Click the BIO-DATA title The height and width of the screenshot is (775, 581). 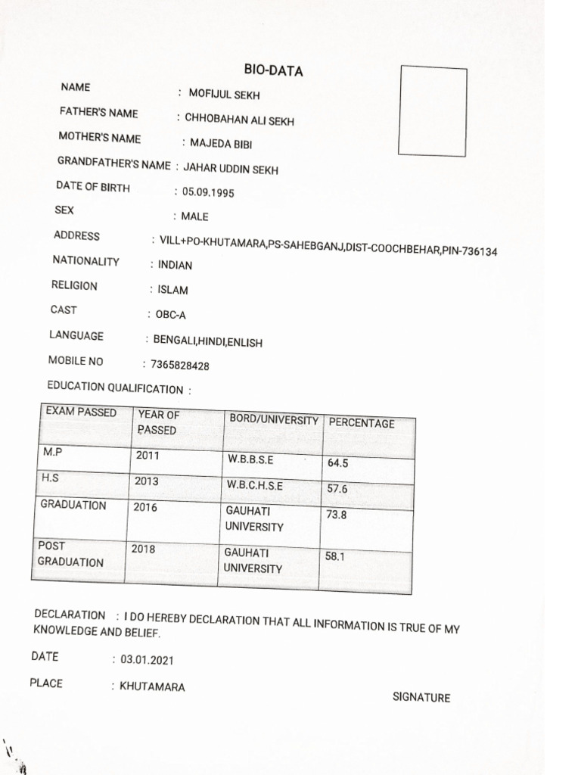[x=273, y=70]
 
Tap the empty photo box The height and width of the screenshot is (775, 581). [x=433, y=111]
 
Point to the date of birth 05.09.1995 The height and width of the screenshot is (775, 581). [x=208, y=192]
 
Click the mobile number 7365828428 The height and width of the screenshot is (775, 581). [x=180, y=366]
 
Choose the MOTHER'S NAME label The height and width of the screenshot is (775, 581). [x=99, y=138]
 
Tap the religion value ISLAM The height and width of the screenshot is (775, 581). [x=172, y=290]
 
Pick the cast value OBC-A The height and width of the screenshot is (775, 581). [x=170, y=316]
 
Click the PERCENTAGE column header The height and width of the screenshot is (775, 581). [x=362, y=423]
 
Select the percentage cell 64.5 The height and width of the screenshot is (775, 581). [x=337, y=462]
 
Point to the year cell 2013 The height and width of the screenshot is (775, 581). [x=147, y=481]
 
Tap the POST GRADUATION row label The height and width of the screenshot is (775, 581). [x=70, y=554]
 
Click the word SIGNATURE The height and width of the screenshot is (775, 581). [x=421, y=698]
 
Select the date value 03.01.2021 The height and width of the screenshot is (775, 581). [x=147, y=660]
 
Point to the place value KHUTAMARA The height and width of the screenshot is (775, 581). [x=152, y=687]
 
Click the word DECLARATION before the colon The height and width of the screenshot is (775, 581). [x=70, y=615]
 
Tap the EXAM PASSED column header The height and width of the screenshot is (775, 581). [x=81, y=412]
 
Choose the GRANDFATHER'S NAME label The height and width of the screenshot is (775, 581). [x=113, y=163]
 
